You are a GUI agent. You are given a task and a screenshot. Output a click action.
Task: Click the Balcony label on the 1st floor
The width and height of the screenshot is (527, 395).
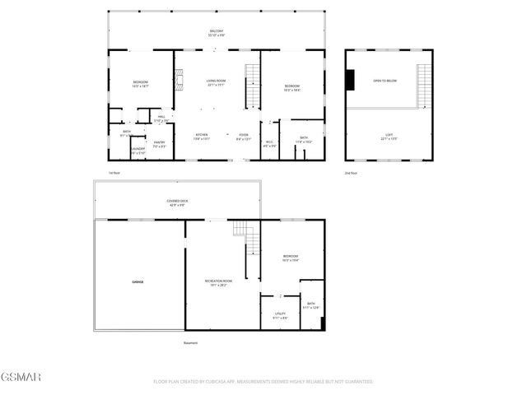[217, 33]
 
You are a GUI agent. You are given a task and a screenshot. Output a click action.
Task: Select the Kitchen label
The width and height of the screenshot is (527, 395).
[202, 137]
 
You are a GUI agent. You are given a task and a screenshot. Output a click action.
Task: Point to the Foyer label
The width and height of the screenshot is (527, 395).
[244, 137]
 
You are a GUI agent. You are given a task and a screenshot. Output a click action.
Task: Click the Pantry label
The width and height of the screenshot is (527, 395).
[159, 144]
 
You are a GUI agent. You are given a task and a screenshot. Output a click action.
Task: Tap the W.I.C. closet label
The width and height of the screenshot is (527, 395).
[269, 145]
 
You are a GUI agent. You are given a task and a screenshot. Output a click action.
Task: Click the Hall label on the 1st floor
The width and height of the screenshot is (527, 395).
[163, 119]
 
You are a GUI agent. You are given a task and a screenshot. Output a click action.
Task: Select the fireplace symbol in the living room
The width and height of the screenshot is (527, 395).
[175, 80]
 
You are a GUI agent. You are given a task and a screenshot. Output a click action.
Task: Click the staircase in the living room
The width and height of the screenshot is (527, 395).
[252, 86]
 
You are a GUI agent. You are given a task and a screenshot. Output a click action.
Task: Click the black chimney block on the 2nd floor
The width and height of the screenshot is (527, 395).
[351, 80]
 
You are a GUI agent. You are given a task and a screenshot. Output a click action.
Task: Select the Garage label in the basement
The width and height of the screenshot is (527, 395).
[138, 282]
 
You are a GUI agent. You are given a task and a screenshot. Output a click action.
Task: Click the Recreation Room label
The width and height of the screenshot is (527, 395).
[218, 283]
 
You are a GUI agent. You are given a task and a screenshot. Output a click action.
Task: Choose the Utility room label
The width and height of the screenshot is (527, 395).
[280, 315]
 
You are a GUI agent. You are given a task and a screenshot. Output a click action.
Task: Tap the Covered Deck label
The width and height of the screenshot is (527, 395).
[175, 202]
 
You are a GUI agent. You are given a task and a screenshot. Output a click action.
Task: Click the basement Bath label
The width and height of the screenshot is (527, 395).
[311, 305]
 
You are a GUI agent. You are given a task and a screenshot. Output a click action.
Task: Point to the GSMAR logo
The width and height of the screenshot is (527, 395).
[21, 377]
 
